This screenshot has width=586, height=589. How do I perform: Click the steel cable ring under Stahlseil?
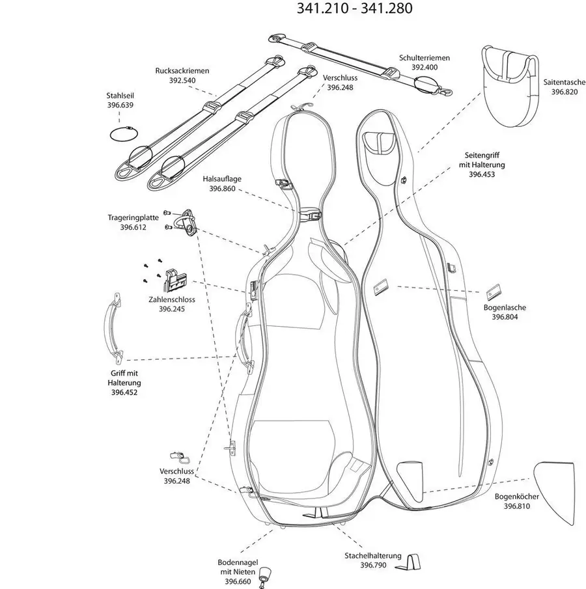click(x=124, y=133)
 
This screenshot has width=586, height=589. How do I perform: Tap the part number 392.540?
click(x=182, y=80)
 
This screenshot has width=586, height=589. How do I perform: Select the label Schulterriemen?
click(x=425, y=58)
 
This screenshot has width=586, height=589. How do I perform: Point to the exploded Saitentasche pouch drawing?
click(x=510, y=86)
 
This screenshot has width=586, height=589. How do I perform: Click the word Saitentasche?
click(x=565, y=82)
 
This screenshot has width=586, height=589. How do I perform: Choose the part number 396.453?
click(x=482, y=174)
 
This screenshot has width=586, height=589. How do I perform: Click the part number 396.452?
click(x=124, y=392)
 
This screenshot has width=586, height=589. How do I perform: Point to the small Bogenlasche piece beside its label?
click(x=494, y=292)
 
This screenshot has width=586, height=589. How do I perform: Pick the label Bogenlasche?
click(x=505, y=307)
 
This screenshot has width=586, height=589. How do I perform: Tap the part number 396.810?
click(x=517, y=506)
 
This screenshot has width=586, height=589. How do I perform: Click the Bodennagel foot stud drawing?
click(x=266, y=576)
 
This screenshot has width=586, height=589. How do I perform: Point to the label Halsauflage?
click(x=222, y=179)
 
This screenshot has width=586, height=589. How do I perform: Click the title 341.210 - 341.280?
click(x=355, y=8)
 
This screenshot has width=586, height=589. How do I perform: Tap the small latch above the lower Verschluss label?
click(x=180, y=457)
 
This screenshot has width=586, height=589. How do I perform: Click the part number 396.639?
click(x=120, y=105)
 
